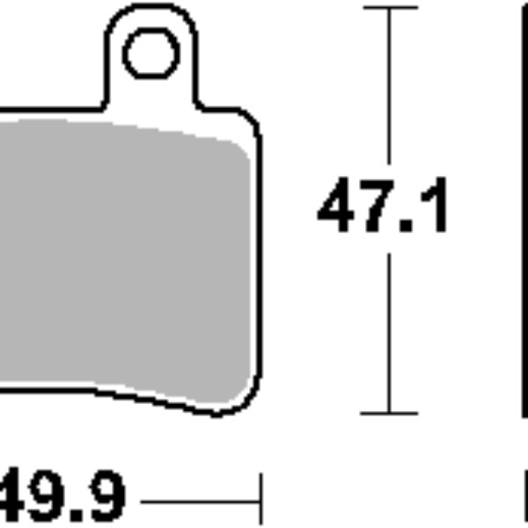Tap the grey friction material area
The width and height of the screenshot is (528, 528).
[x=123, y=255]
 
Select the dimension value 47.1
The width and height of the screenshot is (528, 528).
[x=384, y=209]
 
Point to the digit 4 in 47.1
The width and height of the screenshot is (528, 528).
[x=340, y=209]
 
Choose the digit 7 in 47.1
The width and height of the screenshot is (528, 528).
[x=380, y=209]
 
